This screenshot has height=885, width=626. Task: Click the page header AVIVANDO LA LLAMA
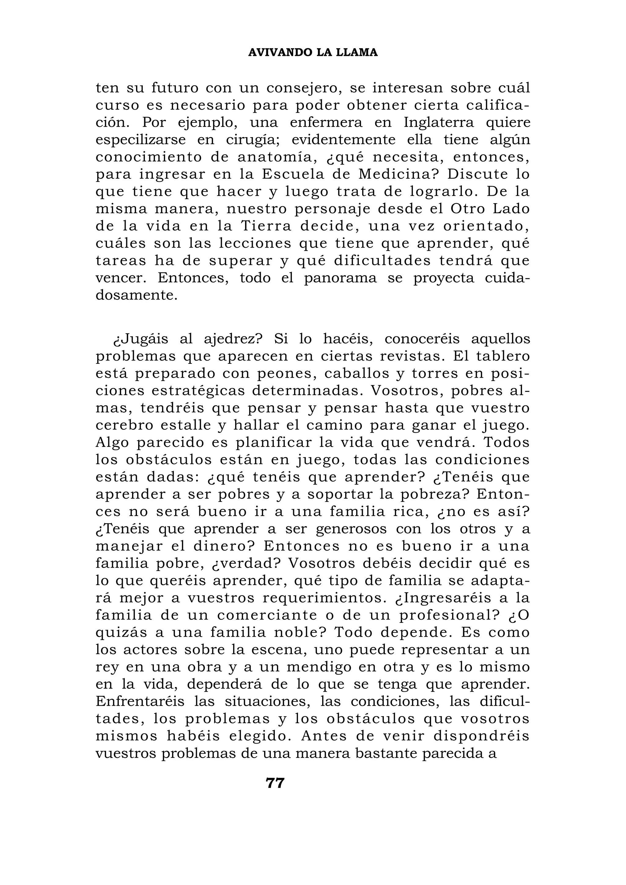point(313,53)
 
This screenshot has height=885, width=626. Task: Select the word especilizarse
point(140,140)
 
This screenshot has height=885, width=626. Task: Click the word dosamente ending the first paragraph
point(137,296)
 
